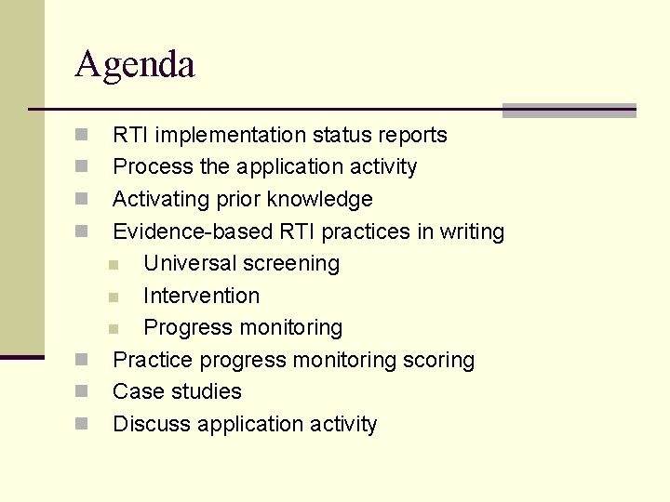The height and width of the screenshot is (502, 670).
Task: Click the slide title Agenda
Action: [135, 65]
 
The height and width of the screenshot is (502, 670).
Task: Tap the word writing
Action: [472, 231]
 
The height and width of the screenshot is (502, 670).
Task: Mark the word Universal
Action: [190, 263]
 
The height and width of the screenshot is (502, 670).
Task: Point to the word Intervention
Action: [202, 296]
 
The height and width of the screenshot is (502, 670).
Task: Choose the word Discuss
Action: [152, 424]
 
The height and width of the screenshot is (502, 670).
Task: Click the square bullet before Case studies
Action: [82, 391]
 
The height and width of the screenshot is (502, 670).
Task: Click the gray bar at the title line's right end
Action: [569, 111]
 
